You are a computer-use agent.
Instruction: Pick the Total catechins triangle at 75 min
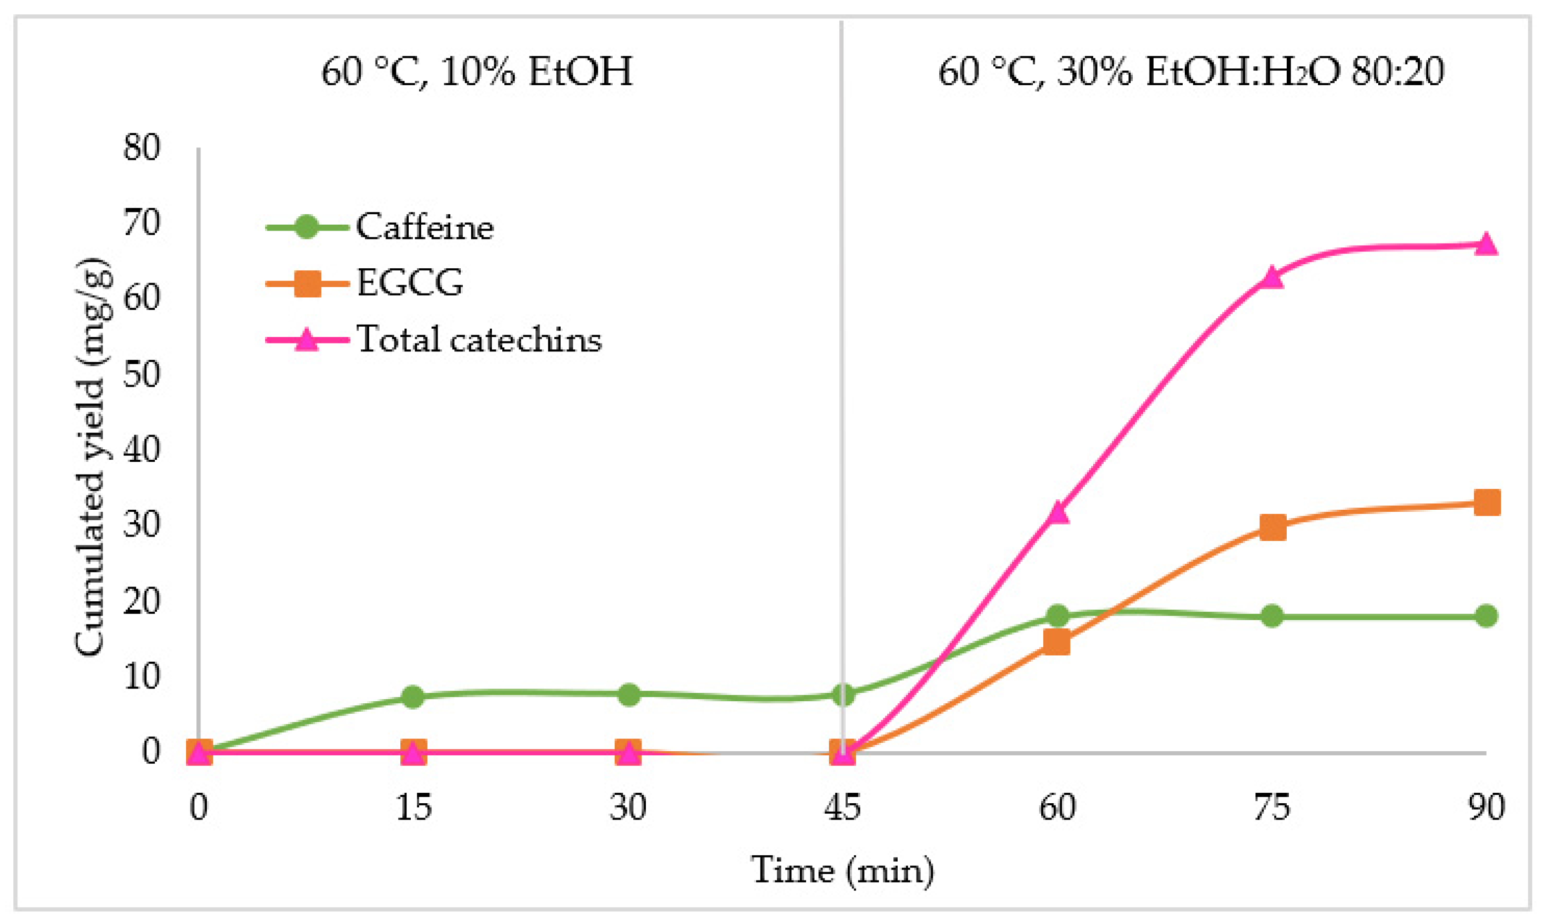click(x=1272, y=277)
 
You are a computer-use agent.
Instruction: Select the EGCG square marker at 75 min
click(x=1272, y=528)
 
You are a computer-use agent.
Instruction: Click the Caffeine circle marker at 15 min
click(x=413, y=696)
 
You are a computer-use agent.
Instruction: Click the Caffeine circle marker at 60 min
click(x=1058, y=616)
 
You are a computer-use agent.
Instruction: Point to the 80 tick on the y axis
click(x=142, y=148)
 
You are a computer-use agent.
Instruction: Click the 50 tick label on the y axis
click(x=142, y=375)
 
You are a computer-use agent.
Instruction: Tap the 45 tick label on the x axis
click(x=842, y=807)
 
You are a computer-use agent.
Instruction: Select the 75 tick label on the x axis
click(x=1272, y=807)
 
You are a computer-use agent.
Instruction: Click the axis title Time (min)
click(x=842, y=870)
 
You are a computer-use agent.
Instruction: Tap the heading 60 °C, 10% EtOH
click(x=477, y=71)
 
